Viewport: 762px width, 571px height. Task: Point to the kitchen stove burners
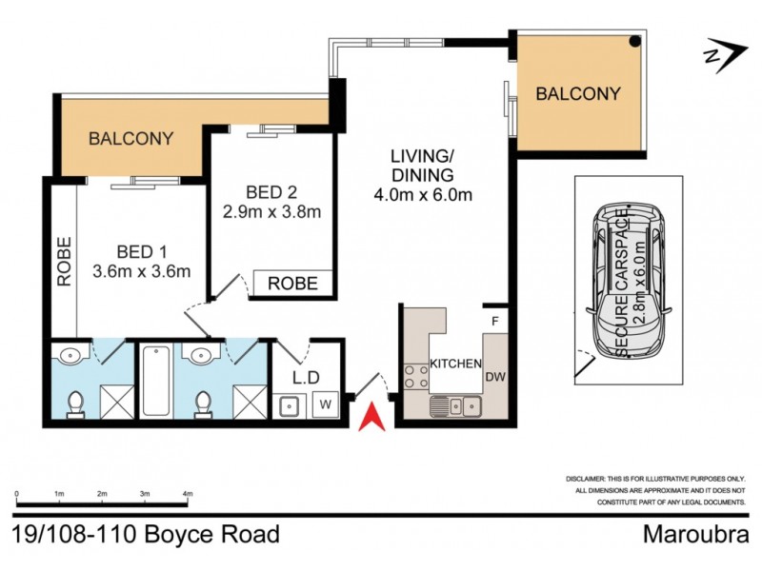[x=415, y=376]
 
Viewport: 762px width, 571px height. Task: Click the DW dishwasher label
[x=494, y=377]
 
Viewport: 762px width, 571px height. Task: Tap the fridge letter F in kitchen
[x=494, y=320]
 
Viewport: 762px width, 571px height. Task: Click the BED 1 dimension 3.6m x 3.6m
[x=142, y=271]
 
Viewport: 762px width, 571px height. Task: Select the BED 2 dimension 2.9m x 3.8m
[x=271, y=210]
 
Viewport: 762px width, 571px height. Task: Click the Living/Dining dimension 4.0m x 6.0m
[x=424, y=196]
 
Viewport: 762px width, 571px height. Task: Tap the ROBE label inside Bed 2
[x=292, y=284]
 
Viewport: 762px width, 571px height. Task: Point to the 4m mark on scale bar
[x=188, y=494]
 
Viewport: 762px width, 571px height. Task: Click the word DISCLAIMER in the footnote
[x=580, y=480]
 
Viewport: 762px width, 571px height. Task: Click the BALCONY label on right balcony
[x=577, y=94]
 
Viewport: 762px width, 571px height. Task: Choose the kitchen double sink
[x=454, y=406]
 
